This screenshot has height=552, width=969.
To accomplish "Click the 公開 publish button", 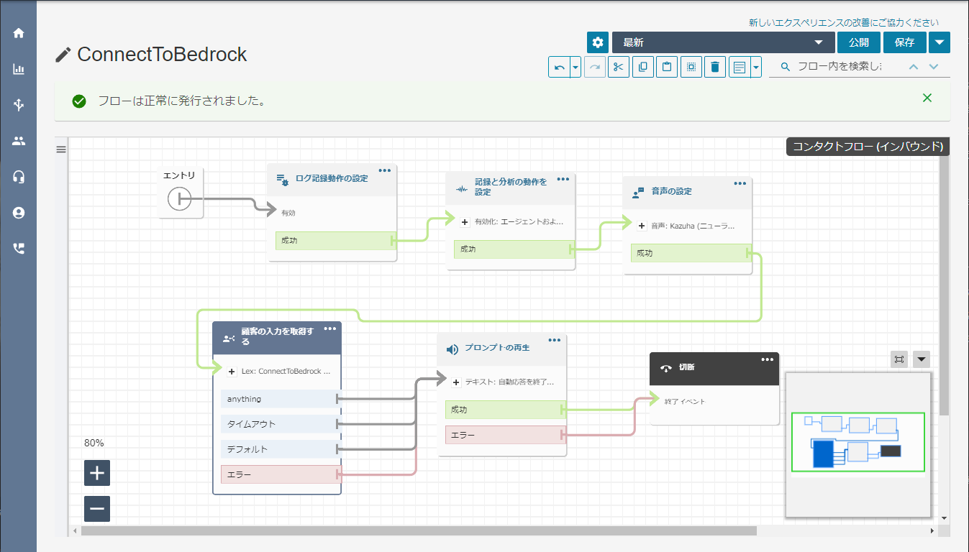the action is (859, 42).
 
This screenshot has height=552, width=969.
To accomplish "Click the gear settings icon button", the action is (598, 42).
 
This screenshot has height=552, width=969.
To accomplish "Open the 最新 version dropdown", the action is (723, 42).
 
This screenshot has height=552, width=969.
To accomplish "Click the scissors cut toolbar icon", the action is (618, 67).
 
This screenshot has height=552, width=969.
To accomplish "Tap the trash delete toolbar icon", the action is (714, 67).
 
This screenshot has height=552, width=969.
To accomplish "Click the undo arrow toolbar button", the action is (560, 67).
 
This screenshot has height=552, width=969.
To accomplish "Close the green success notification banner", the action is (927, 98).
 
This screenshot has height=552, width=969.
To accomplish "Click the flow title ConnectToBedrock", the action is (162, 55).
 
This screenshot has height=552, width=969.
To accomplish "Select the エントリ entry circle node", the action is (179, 199).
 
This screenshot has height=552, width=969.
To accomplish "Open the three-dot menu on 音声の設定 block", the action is (740, 183).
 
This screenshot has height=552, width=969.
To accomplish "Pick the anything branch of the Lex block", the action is (280, 399).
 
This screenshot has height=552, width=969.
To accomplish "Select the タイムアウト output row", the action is (280, 424).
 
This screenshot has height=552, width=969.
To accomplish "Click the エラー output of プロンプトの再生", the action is (505, 435).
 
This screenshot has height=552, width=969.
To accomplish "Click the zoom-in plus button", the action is (97, 473).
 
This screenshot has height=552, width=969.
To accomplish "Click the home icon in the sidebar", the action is (19, 33).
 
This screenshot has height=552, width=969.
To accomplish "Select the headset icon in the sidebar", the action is (19, 177).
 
